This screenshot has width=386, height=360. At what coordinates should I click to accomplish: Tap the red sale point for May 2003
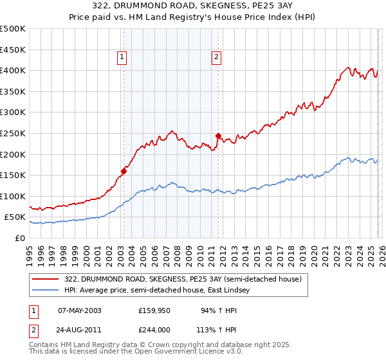[x=124, y=171]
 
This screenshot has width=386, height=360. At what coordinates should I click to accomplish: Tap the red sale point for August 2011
[x=218, y=136]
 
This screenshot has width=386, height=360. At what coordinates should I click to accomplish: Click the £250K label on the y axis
[x=13, y=134]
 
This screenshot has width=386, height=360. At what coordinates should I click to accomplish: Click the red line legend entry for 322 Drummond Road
[x=187, y=279]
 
